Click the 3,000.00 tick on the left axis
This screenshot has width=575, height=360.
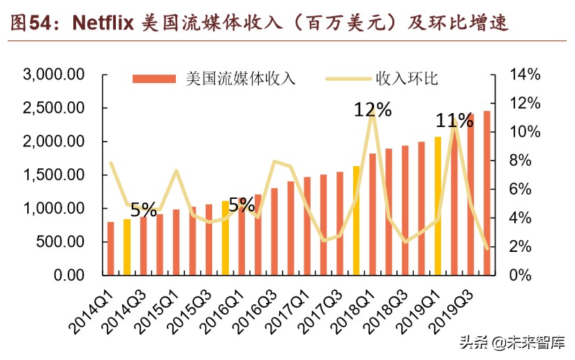(54, 75)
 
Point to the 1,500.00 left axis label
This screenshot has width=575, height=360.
(54, 176)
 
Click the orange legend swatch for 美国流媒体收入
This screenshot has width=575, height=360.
(154, 79)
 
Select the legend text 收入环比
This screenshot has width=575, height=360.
(407, 79)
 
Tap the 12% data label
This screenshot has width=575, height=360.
(373, 110)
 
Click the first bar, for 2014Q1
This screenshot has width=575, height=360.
(110, 248)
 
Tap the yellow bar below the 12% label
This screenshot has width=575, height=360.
(356, 220)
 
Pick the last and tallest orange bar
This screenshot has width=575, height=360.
(486, 193)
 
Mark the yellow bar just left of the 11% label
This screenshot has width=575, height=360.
(438, 206)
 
